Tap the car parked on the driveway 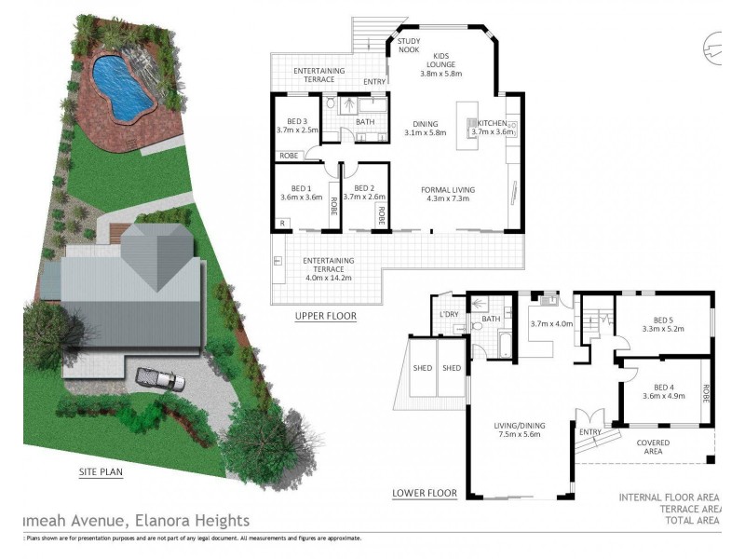coord(156,376)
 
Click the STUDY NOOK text coord(409,46)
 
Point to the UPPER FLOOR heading coord(325,316)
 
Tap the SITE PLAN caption coord(102,471)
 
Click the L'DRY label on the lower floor coord(451,314)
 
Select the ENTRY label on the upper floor coord(374,82)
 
